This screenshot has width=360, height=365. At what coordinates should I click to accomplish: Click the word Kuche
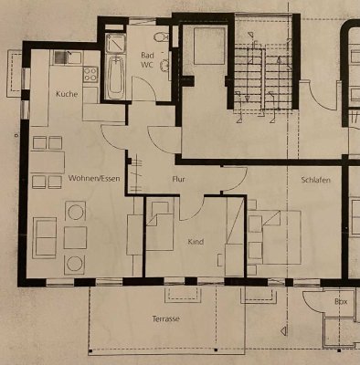tap(65, 95)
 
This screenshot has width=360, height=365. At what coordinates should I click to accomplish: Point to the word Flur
tap(178, 180)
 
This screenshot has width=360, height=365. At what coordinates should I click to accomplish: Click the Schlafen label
tap(314, 181)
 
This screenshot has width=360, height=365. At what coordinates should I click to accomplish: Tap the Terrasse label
tap(165, 320)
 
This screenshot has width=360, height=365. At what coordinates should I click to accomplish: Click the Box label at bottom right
tap(340, 300)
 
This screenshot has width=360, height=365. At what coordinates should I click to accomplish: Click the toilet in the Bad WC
tap(161, 38)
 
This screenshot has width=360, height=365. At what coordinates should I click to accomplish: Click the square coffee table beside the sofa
tap(76, 238)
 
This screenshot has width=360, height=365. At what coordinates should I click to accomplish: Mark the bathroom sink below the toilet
tap(164, 65)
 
